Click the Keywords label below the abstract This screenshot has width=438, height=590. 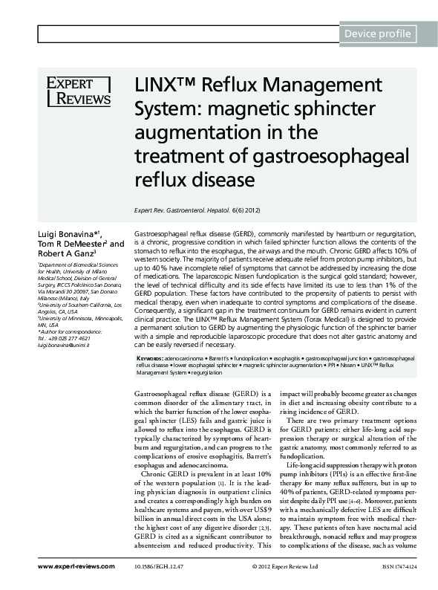(152, 358)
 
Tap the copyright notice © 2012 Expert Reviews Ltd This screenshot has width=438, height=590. (285, 566)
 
